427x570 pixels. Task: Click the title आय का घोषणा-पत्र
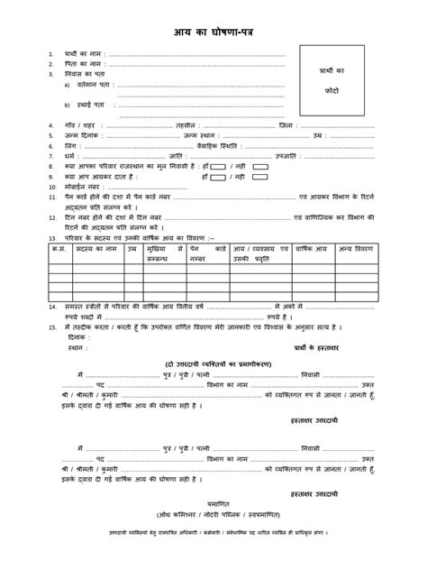click(213, 32)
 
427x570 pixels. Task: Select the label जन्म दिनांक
click(83, 136)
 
